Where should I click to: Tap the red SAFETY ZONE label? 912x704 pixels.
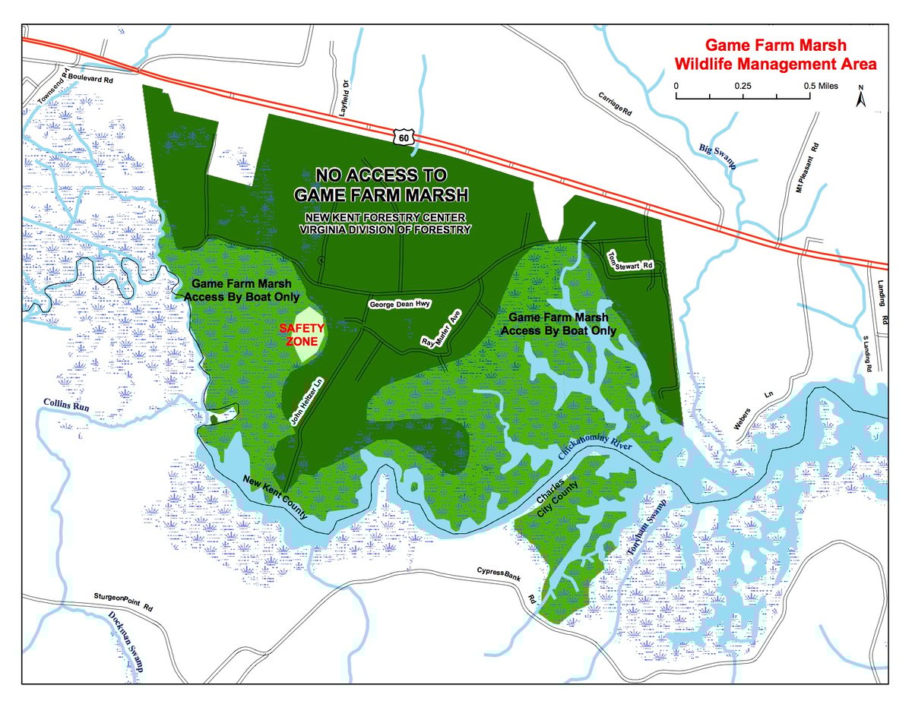302,335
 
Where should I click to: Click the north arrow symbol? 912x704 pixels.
861,98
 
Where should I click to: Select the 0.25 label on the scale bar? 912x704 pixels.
743,87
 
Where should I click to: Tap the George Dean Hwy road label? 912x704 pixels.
400,305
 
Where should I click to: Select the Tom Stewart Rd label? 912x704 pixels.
632,260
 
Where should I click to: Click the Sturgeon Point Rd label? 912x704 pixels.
124,603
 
